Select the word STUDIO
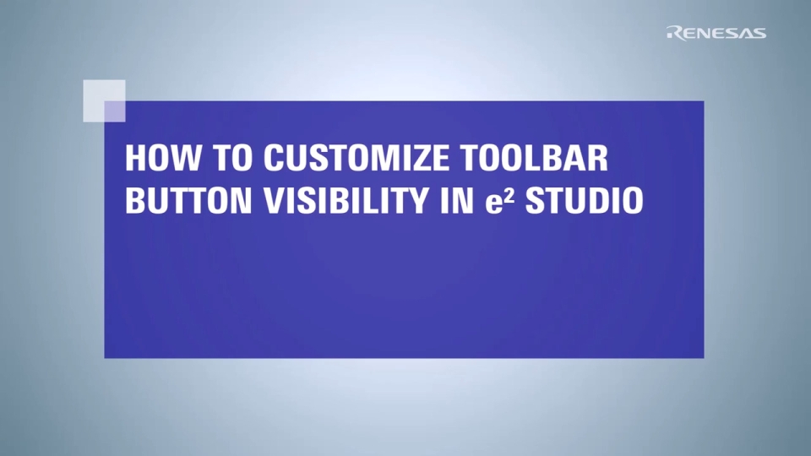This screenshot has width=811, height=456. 584,201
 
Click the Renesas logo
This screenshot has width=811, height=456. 716,33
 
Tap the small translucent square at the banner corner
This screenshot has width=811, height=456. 104,100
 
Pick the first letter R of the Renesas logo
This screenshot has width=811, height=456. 673,33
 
